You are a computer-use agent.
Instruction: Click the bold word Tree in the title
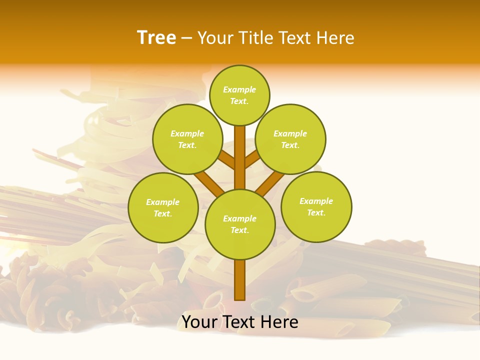point(156,38)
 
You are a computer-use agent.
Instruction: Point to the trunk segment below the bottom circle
point(240,280)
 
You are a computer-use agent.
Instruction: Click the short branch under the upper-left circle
point(226,160)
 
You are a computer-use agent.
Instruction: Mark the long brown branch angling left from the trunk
point(209,183)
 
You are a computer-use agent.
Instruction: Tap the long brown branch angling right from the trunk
point(270,183)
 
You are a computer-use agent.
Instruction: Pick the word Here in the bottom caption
point(280,322)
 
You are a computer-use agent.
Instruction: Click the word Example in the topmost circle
point(239,89)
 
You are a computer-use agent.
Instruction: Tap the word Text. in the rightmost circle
point(316,212)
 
